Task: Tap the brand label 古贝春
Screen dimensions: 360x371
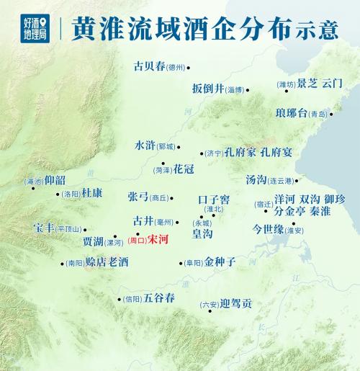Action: tap(148, 67)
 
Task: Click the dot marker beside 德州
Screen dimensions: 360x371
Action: tap(189, 68)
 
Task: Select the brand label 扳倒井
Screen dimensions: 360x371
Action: tap(208, 89)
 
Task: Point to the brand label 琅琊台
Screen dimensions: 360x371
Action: tap(291, 112)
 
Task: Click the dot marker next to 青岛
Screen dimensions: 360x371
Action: tap(331, 114)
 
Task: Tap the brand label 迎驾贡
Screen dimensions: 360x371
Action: tap(237, 304)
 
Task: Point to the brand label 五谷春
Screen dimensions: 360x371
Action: tap(159, 298)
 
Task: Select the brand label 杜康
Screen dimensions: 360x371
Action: tap(92, 193)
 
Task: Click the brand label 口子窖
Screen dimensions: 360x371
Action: tap(214, 198)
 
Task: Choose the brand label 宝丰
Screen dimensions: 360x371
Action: tap(43, 228)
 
